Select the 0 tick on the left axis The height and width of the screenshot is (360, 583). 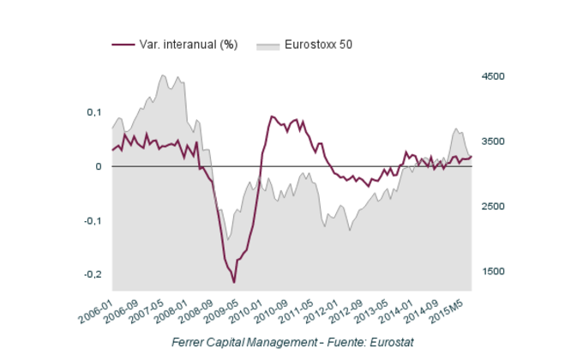coord(99,166)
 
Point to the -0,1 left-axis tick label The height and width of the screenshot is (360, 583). coord(93,220)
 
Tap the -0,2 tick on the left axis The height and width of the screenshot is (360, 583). coord(93,274)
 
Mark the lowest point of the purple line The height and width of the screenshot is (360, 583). coord(233,282)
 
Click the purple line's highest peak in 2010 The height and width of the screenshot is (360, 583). coord(272,116)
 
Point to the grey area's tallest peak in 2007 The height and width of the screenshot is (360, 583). coord(162,75)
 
